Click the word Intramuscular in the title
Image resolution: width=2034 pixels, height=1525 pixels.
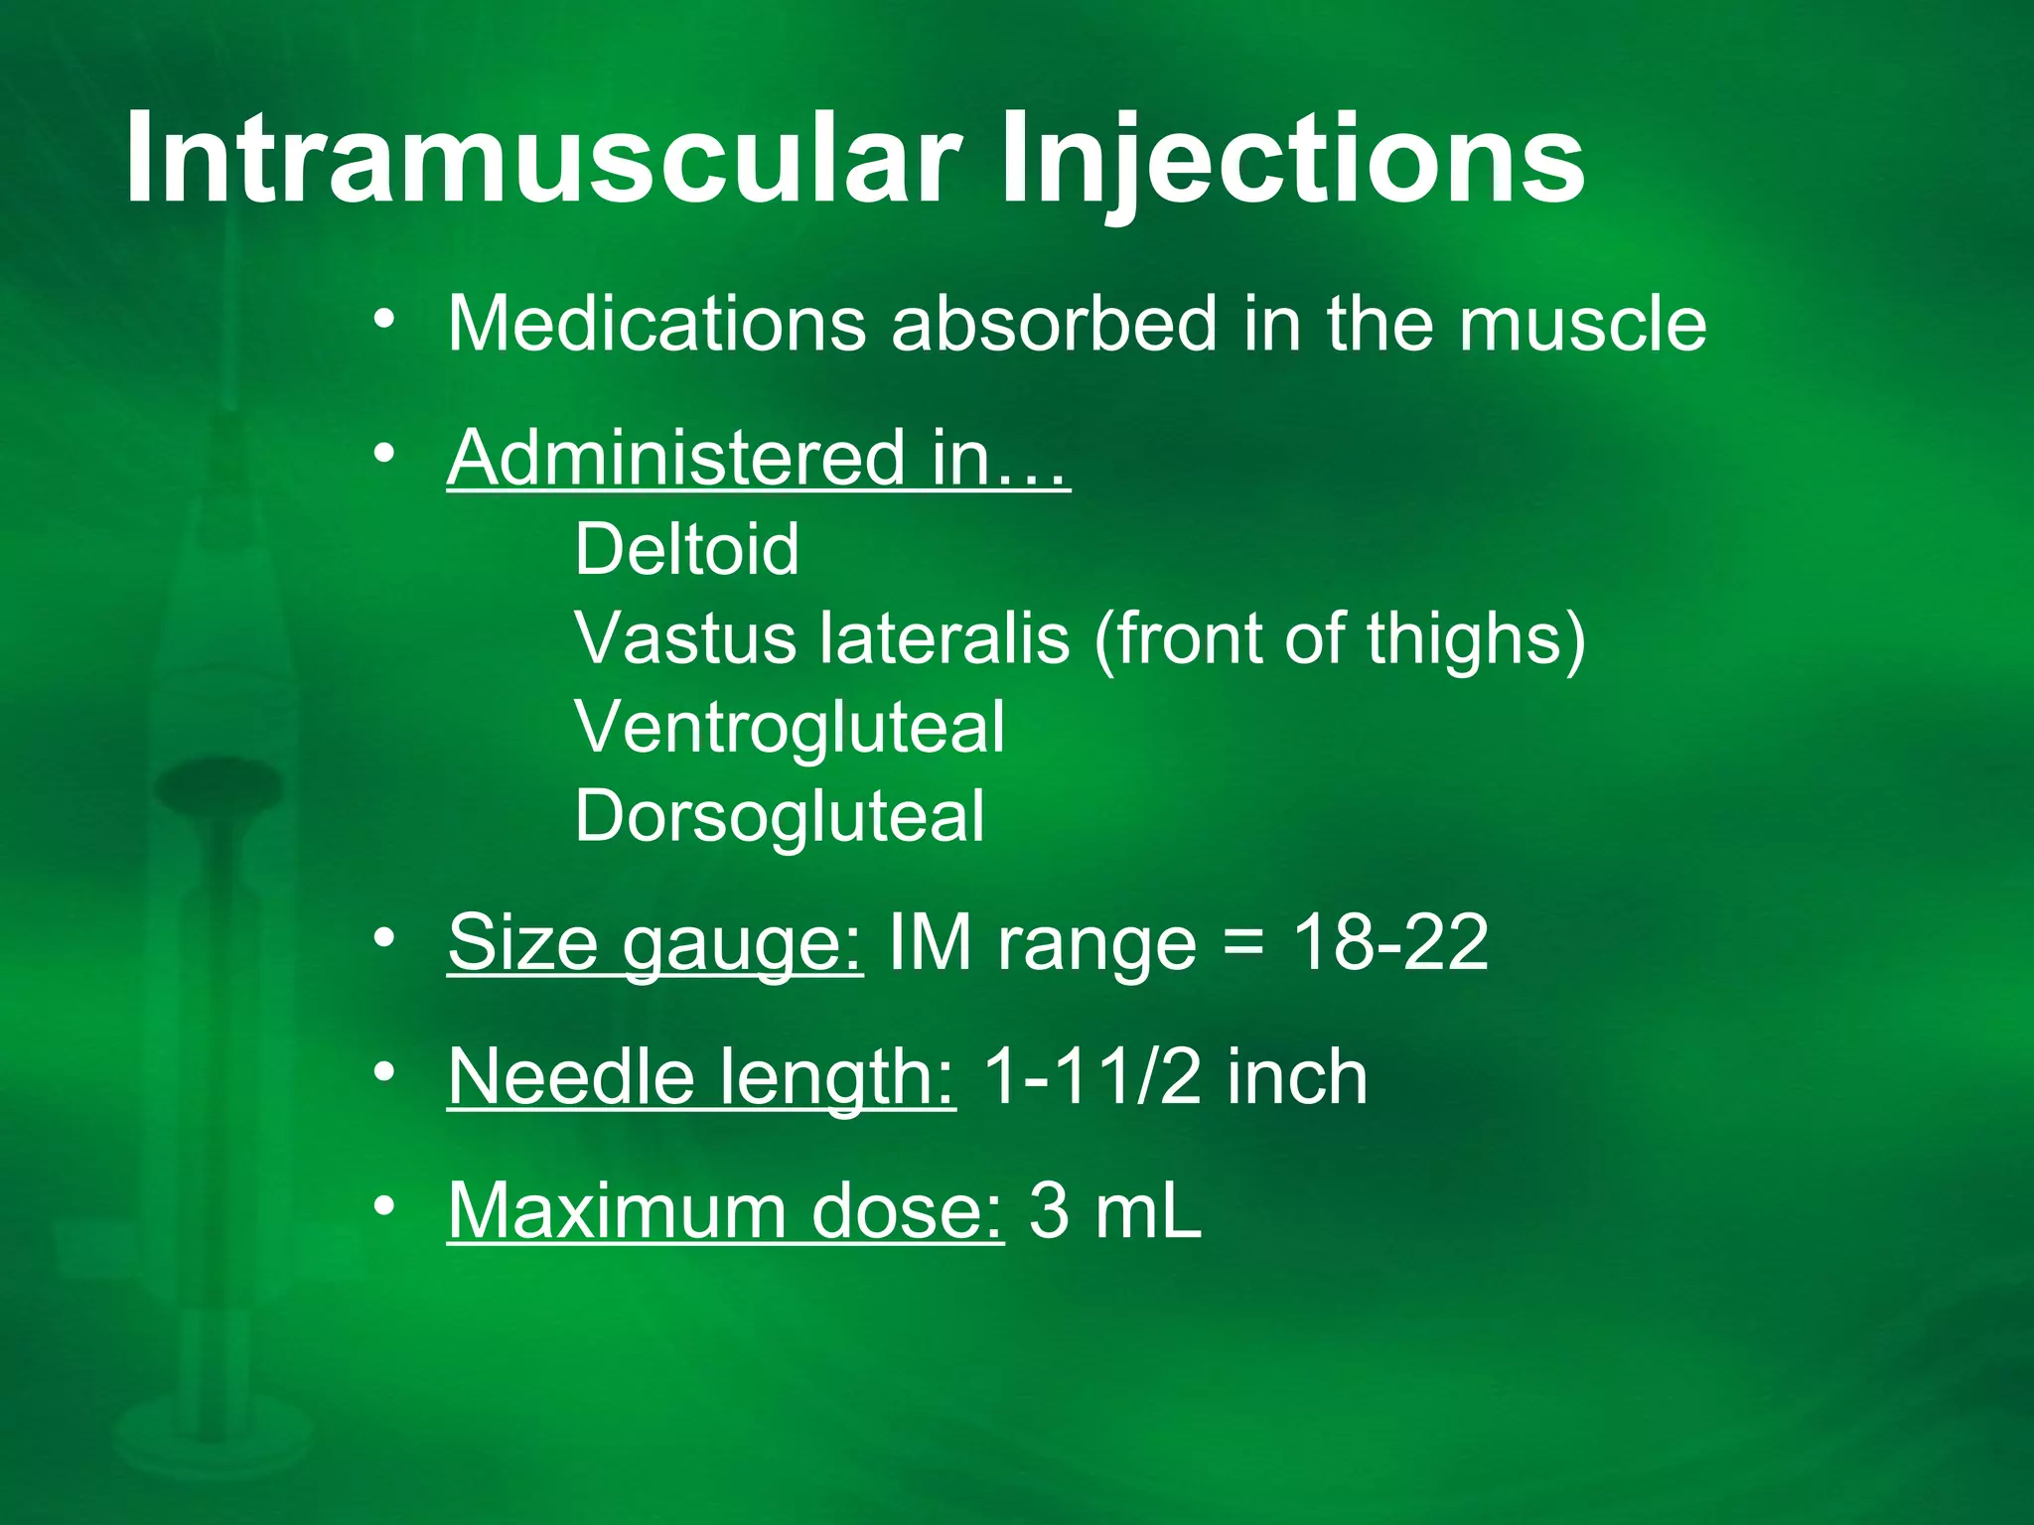(542, 159)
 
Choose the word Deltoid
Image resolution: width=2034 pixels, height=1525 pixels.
(686, 548)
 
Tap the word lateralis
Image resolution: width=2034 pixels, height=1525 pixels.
(944, 637)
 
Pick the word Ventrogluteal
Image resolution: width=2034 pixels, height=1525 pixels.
(790, 728)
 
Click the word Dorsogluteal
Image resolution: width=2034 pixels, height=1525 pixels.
(780, 817)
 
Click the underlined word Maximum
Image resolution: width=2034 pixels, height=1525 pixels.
(617, 1210)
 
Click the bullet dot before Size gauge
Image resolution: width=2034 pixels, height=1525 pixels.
(385, 937)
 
